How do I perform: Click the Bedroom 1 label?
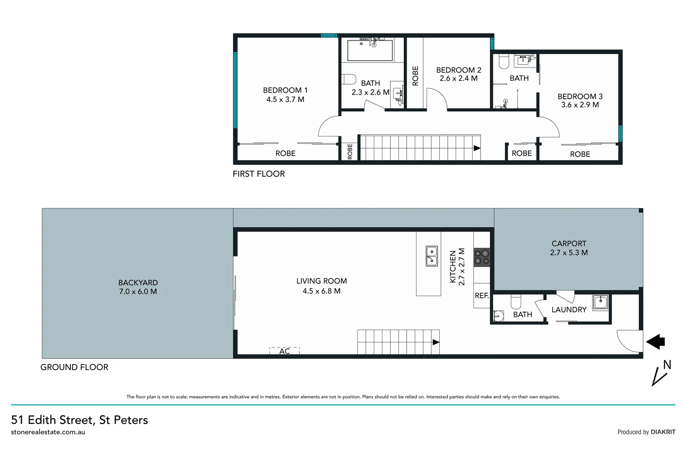(285, 90)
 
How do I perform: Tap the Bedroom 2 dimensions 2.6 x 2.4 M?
(458, 79)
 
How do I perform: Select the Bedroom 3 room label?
(580, 97)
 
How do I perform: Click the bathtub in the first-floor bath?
(370, 51)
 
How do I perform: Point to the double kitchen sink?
(431, 256)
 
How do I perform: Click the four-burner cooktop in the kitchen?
(481, 257)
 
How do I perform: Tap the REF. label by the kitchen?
(481, 296)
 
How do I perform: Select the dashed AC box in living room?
(284, 351)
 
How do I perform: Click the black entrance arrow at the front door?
(656, 341)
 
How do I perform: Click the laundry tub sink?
(600, 302)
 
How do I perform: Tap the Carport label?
(569, 244)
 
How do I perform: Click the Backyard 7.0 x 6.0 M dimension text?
(138, 292)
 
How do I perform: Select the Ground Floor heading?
(74, 367)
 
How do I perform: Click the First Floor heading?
(259, 174)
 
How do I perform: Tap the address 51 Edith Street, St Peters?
(79, 420)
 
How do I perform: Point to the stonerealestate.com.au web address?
(48, 432)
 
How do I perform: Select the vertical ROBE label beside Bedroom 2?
(415, 76)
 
